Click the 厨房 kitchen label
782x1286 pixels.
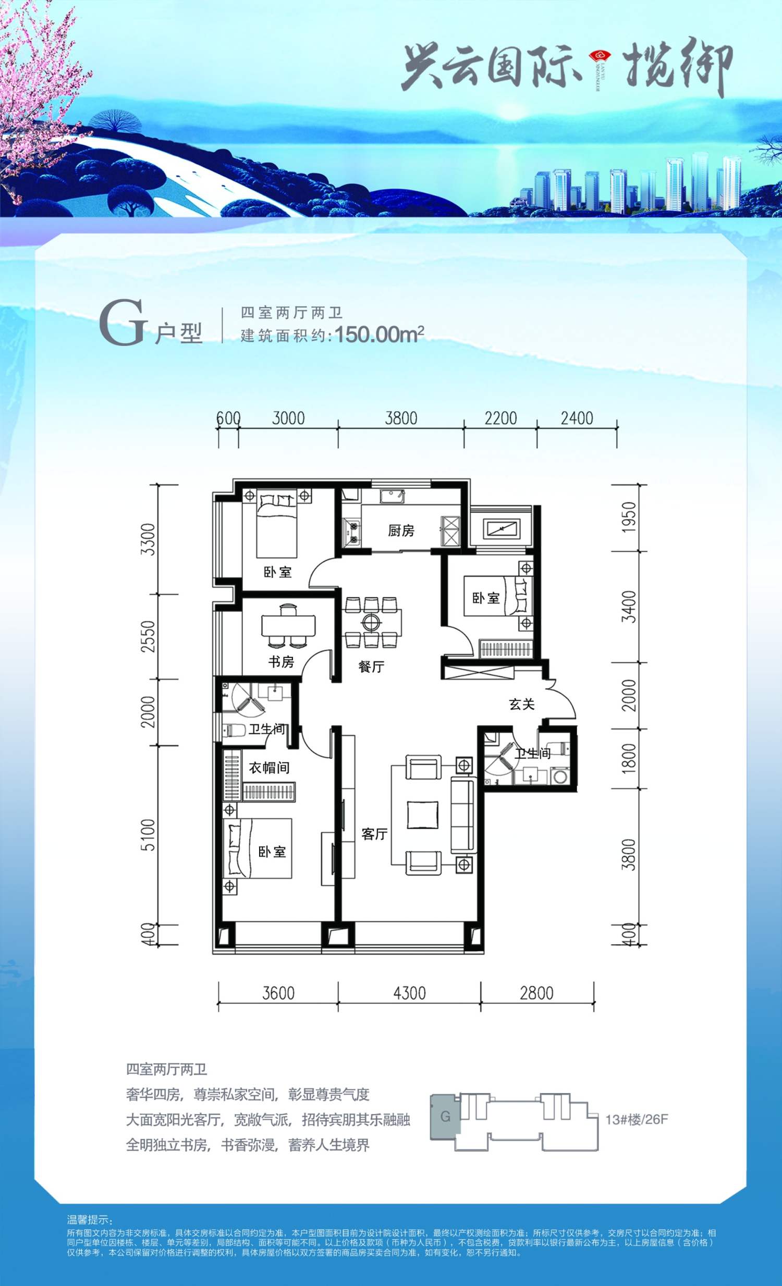[401, 531]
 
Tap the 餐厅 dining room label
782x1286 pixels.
[371, 666]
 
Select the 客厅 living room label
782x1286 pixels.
[374, 834]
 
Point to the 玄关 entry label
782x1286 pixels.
[521, 704]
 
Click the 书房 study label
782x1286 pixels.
[281, 662]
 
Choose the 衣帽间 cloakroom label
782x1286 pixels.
[269, 767]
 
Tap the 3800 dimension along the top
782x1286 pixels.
[401, 418]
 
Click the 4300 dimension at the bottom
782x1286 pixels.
[409, 993]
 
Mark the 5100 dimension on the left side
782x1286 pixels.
[149, 835]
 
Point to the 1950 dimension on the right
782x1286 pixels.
[630, 517]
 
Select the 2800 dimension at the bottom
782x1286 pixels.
[536, 993]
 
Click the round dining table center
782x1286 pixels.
[372, 622]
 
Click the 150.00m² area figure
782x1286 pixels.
[379, 333]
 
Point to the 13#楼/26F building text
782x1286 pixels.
[637, 1119]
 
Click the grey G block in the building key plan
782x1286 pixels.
[445, 1117]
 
